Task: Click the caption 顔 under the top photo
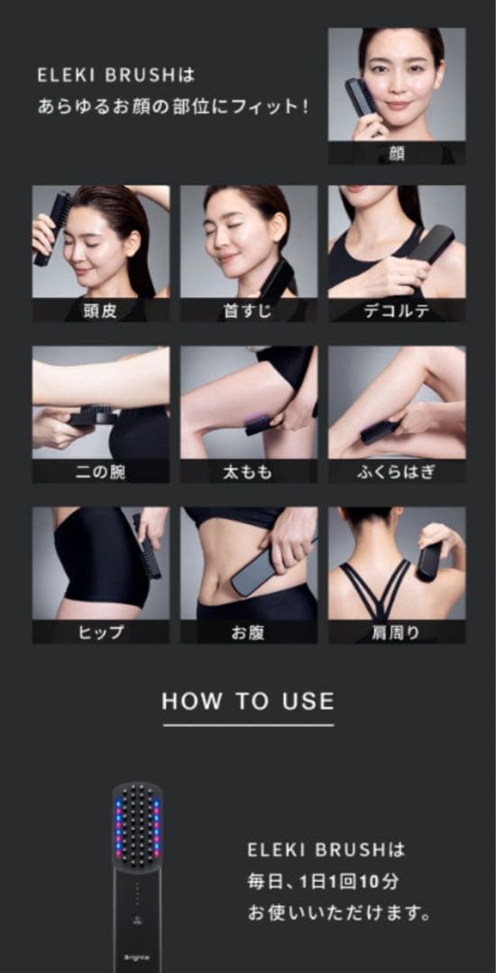tap(397, 153)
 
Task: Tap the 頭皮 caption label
tap(100, 312)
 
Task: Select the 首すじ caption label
tap(248, 312)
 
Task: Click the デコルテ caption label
tap(397, 312)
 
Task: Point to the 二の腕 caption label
tap(100, 472)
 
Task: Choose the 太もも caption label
tap(248, 472)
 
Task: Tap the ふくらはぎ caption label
tap(397, 472)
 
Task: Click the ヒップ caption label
tap(100, 632)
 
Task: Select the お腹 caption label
tap(248, 632)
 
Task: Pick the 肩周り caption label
tap(397, 632)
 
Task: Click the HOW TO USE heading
tap(248, 702)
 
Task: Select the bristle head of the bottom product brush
tap(137, 824)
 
